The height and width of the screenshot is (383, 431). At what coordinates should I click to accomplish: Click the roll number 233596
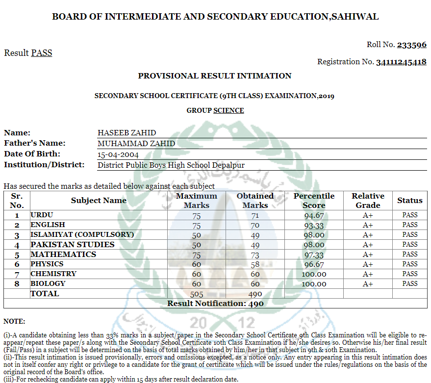[411, 45]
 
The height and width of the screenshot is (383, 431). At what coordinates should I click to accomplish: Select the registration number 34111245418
[401, 62]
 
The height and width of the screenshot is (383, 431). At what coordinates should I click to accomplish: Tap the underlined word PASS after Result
[42, 53]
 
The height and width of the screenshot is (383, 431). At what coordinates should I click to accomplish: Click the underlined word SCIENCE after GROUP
[228, 110]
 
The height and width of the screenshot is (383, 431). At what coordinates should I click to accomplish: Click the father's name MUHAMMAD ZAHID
[136, 144]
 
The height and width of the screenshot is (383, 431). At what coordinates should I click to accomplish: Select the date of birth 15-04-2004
[118, 154]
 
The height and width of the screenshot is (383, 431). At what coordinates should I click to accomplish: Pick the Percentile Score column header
[314, 201]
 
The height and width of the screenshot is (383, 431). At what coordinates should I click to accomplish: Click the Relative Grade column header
[368, 201]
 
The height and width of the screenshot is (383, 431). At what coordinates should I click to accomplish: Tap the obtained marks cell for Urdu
[255, 215]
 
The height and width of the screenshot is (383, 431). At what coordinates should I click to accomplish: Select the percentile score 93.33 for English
[314, 225]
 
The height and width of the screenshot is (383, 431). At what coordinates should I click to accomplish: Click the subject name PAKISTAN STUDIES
[73, 244]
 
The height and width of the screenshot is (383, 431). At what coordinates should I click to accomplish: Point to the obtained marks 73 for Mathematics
[255, 255]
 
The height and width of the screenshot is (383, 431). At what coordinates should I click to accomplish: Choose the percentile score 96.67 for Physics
[314, 264]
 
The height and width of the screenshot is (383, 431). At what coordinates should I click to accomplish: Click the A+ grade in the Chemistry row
[368, 274]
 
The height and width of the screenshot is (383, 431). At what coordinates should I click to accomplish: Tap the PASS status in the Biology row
[410, 283]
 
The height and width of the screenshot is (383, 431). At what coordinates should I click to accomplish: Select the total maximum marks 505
[196, 294]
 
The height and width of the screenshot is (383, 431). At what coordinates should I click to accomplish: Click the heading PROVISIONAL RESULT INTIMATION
[215, 76]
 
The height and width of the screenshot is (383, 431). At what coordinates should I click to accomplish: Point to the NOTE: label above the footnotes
[14, 321]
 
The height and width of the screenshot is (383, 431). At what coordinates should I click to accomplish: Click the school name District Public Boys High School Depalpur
[171, 165]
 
